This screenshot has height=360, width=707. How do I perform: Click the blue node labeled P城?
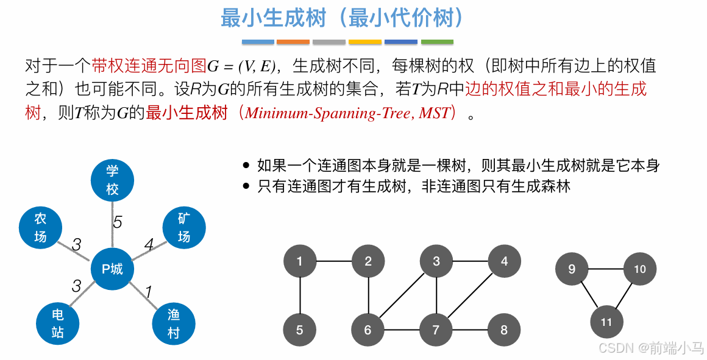112,269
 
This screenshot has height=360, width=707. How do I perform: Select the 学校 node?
112,180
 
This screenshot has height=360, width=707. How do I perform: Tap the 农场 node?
40,227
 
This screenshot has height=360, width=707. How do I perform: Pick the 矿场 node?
184,227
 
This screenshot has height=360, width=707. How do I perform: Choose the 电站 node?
57,323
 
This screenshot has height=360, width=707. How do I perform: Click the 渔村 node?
174,323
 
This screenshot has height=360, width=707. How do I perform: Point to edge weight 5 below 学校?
118,222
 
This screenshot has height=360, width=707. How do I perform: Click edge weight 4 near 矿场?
149,245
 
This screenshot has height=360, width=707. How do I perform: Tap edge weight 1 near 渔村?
148,292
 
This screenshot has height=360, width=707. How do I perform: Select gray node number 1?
299,262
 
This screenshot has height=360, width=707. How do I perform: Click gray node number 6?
368,330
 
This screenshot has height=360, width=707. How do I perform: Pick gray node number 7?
436,330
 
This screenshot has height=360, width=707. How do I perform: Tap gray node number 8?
504,330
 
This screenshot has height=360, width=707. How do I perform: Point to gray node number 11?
606,322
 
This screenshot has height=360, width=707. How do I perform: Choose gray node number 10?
639,269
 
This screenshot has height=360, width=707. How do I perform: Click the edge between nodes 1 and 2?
333,262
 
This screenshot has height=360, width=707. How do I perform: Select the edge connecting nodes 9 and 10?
605,269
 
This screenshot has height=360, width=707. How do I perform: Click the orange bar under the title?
293,42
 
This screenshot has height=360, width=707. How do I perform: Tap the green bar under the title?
437,42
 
